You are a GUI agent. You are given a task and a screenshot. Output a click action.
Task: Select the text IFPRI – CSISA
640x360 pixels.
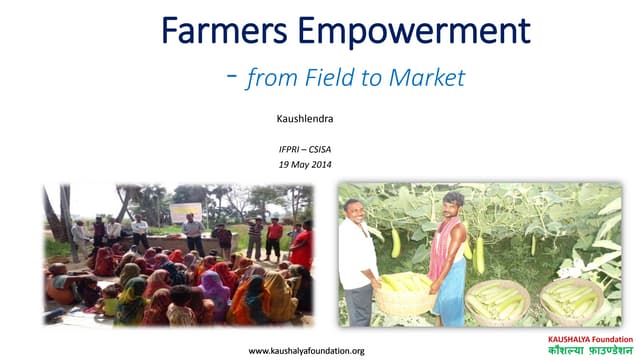tap(305, 149)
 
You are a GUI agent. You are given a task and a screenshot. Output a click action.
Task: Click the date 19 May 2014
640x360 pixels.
tap(305, 164)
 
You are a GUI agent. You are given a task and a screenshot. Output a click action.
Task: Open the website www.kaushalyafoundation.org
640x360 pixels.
tap(305, 350)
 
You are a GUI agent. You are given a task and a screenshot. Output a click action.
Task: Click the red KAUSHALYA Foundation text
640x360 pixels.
tap(584, 339)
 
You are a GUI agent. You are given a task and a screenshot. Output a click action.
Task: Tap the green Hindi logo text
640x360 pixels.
tap(584, 351)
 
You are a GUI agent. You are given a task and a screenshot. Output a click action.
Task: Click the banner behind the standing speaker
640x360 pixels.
tap(184, 212)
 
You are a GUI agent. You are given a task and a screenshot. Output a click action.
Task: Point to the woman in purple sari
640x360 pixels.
tap(214, 295)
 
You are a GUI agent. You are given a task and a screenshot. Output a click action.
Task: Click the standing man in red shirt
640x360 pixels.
tap(274, 238)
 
